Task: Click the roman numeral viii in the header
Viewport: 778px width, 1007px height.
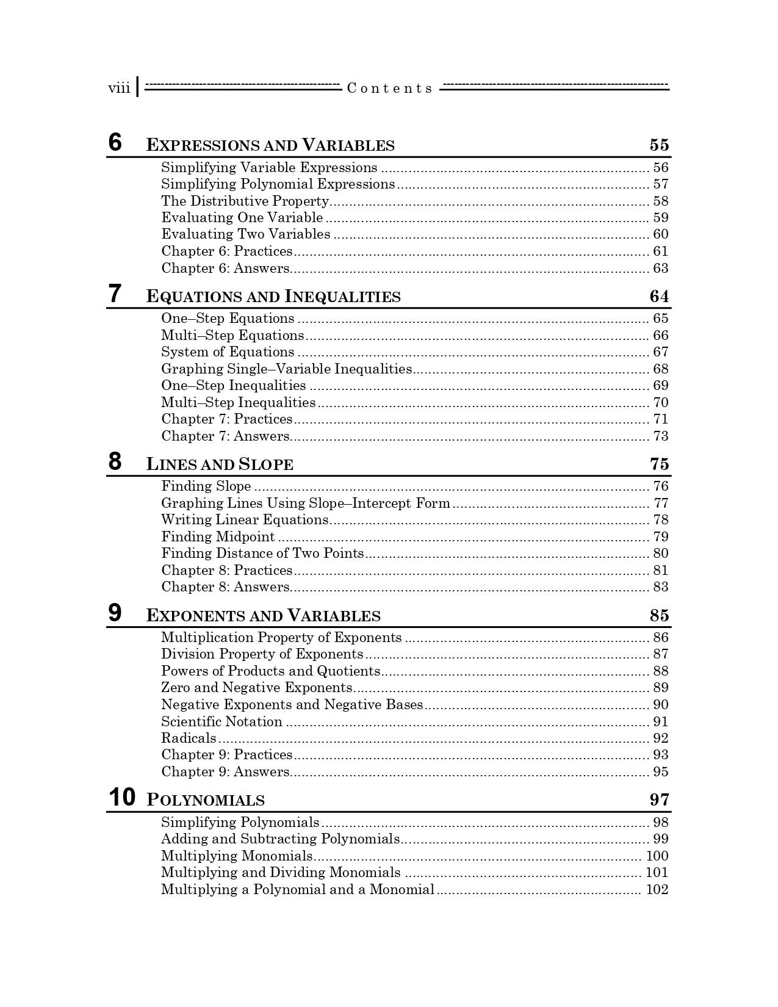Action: click(119, 88)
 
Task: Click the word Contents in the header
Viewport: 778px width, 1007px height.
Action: click(389, 88)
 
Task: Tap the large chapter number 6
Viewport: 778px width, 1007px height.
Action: click(115, 142)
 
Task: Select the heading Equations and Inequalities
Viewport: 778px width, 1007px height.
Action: click(273, 297)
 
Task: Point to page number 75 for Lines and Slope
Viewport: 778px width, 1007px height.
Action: click(659, 464)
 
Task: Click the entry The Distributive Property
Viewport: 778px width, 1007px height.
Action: click(245, 201)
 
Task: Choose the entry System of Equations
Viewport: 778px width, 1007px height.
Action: click(228, 352)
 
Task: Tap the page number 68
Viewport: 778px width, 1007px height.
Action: click(661, 369)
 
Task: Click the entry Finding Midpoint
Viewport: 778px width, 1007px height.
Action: click(218, 536)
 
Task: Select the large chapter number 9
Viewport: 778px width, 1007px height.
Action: click(115, 613)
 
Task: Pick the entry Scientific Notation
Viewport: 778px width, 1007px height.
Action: click(222, 721)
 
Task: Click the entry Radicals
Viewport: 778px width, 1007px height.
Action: click(189, 738)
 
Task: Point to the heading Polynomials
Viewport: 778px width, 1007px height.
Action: click(206, 800)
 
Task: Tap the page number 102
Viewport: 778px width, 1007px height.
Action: click(657, 889)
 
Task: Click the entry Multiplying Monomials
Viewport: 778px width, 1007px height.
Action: click(237, 856)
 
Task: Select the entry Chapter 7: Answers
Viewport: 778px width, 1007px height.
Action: click(225, 436)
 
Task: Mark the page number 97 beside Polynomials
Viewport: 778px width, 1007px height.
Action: click(659, 799)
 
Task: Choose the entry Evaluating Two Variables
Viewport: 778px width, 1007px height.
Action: click(245, 234)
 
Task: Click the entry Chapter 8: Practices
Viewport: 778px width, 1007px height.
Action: click(226, 570)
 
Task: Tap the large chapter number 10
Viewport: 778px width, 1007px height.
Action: click(122, 797)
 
